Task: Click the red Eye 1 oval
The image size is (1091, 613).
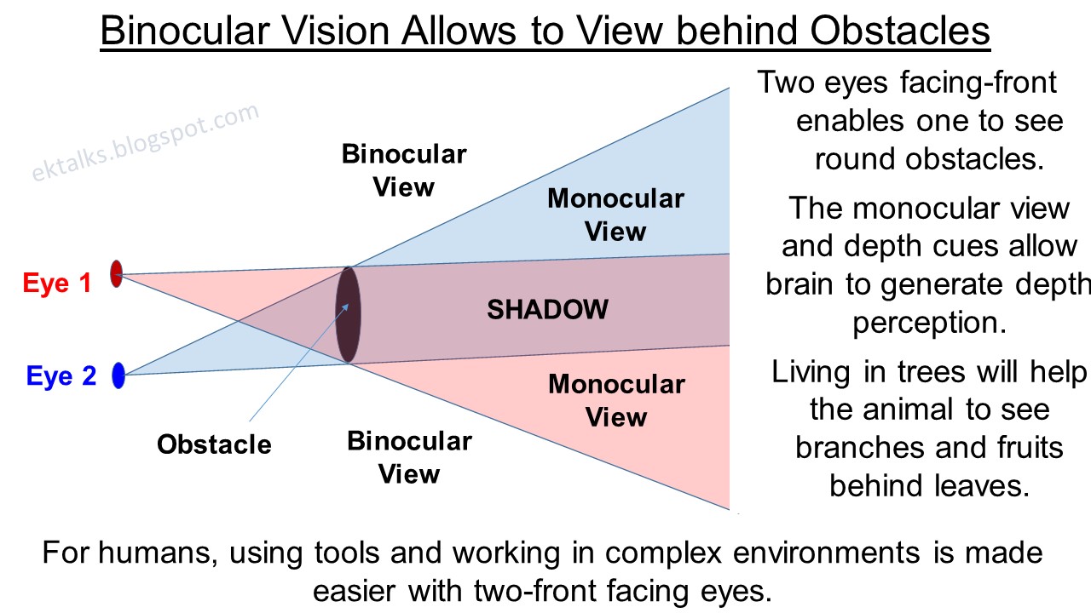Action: pos(117,273)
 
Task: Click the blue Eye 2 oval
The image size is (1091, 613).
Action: pos(118,375)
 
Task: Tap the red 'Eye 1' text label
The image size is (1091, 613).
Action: pos(56,283)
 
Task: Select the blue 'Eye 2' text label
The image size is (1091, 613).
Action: pos(61,375)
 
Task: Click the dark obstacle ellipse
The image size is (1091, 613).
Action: pos(348,314)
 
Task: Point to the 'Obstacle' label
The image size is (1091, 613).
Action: pos(214,444)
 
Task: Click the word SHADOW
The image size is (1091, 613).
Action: pos(547,309)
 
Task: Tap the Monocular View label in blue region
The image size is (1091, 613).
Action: pos(615,215)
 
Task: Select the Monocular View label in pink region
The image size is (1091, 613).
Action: pos(616,400)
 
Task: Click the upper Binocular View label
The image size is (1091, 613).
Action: pos(404,170)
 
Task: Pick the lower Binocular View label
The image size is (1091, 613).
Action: pos(409,457)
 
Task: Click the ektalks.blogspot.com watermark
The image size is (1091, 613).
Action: pos(146,142)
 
